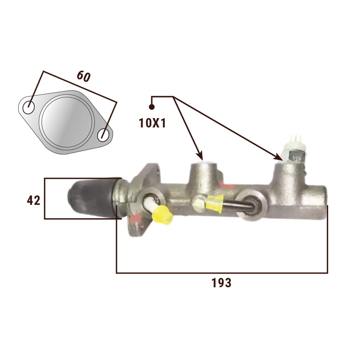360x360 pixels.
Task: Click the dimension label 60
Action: [x=84, y=76]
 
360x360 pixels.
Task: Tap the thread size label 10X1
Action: [x=152, y=123]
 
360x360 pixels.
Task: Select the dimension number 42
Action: [x=33, y=201]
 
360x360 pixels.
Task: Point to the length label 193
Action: [x=221, y=283]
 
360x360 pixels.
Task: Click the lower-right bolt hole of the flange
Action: [x=103, y=135]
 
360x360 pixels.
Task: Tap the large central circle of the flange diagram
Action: [x=67, y=122]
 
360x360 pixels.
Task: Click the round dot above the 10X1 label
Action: [x=152, y=107]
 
